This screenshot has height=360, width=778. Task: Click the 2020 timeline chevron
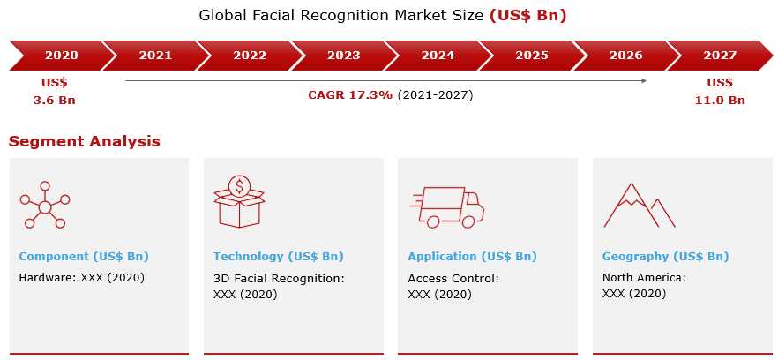60,56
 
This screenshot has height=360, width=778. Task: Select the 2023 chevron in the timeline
343,56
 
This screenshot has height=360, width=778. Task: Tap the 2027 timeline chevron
720,56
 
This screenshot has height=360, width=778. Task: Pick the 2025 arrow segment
531,56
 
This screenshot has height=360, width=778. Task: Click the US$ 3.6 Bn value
54,92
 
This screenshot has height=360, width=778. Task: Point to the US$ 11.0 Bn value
720,92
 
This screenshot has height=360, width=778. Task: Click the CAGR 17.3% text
350,94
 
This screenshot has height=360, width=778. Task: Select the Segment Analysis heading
85,141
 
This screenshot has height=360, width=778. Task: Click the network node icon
45,205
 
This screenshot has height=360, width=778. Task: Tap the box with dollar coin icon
239,202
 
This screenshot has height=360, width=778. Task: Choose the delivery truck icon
447,207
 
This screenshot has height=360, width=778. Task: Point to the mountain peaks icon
639,206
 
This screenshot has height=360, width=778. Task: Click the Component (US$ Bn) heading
84,257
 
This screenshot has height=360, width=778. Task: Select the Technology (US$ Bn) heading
279,257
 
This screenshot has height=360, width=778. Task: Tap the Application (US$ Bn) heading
473,257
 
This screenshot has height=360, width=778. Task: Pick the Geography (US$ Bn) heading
665,257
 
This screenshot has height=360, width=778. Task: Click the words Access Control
452,279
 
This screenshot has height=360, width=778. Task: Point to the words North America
642,278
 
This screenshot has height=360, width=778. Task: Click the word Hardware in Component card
46,278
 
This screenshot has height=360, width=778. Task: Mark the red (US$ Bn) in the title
527,15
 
